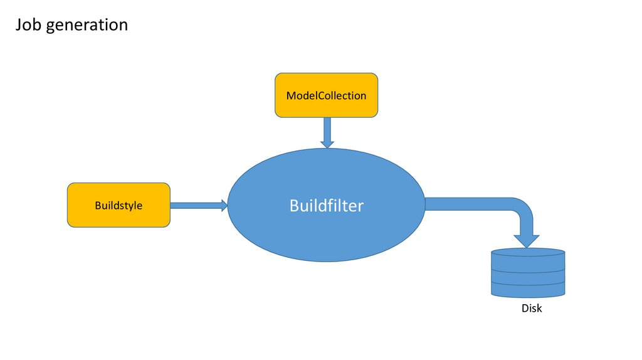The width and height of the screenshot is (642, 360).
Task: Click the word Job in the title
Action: [28, 24]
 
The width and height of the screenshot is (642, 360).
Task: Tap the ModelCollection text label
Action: [326, 96]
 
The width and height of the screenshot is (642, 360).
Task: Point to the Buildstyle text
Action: [118, 205]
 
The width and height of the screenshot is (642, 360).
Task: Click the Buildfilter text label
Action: [326, 206]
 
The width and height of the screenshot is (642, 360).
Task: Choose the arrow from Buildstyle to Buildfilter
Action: [194, 205]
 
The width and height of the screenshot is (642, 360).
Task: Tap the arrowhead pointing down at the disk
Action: [527, 240]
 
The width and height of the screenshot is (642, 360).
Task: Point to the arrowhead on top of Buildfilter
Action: [327, 144]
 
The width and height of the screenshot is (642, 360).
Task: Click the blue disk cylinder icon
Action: [528, 273]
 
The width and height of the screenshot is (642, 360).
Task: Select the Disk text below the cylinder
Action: [532, 309]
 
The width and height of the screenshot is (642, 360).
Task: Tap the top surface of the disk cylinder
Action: [528, 253]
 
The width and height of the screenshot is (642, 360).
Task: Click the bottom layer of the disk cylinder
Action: [528, 290]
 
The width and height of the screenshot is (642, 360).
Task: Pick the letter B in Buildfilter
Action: [295, 206]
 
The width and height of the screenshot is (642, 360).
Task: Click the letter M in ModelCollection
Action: [291, 96]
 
